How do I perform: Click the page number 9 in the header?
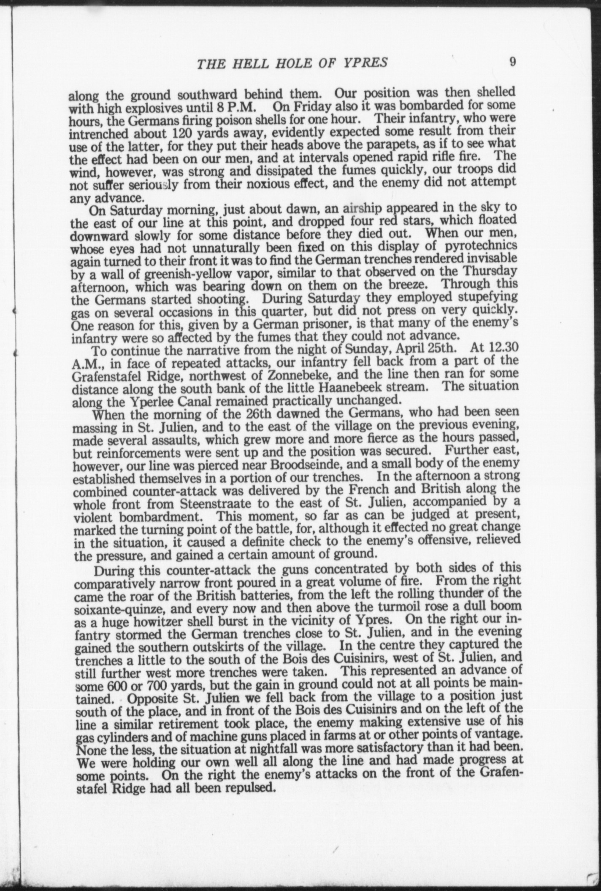(512, 62)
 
